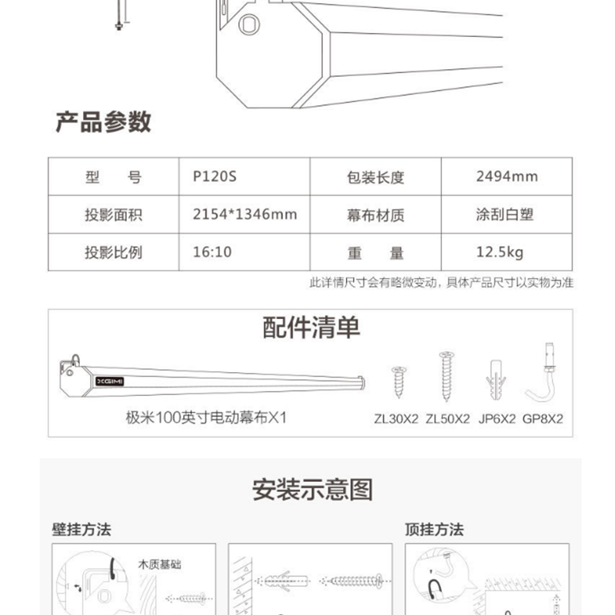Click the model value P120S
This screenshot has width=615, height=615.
214,177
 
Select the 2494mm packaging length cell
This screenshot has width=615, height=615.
507,177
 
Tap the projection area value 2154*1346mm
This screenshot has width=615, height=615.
244,214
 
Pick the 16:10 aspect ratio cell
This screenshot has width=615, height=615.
212,252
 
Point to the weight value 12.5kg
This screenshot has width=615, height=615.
500,252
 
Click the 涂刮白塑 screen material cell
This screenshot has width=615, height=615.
505,214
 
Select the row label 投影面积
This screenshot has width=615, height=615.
113,214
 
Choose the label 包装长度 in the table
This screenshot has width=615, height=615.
375,178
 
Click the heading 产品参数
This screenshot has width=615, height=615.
104,122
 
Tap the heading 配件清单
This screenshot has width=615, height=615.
311,327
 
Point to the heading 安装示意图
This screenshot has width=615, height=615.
312,490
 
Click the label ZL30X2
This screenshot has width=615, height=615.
396,419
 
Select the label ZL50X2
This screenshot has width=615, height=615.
447,419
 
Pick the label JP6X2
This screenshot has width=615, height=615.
497,419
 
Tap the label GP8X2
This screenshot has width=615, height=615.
543,419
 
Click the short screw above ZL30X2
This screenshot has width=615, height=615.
399,382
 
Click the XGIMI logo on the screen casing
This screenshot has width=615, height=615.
110,381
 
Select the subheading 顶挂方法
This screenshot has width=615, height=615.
434,530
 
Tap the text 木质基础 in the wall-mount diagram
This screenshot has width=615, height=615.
159,564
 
